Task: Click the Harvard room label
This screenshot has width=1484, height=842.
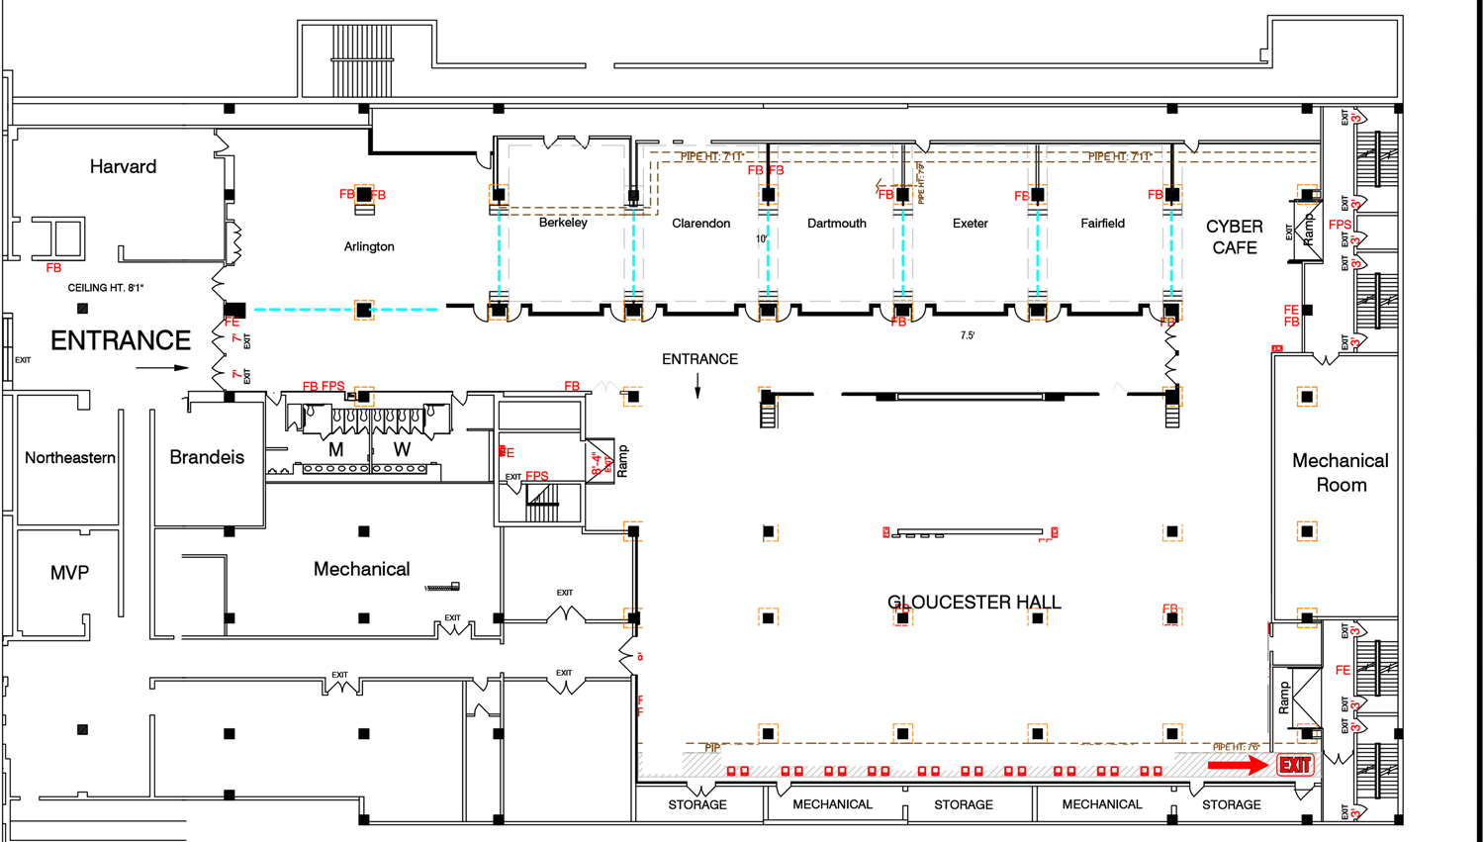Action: pyautogui.click(x=123, y=166)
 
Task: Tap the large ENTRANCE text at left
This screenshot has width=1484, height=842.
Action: pyautogui.click(x=121, y=340)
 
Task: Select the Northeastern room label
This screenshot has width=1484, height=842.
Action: pyautogui.click(x=70, y=457)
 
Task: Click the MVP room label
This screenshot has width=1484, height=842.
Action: pyautogui.click(x=69, y=573)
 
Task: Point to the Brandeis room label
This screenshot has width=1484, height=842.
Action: pyautogui.click(x=207, y=457)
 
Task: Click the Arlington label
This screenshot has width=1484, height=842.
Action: pyautogui.click(x=369, y=246)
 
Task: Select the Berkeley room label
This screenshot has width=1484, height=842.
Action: pyautogui.click(x=563, y=223)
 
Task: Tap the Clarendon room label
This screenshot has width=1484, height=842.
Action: pyautogui.click(x=700, y=223)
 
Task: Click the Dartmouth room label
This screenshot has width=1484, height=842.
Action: pyautogui.click(x=836, y=223)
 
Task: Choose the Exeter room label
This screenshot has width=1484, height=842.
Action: pyautogui.click(x=970, y=223)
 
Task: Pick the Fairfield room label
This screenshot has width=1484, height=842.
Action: pyautogui.click(x=1102, y=223)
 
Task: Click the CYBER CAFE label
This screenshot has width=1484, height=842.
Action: pyautogui.click(x=1235, y=236)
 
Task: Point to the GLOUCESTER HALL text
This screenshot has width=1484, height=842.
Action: pyautogui.click(x=974, y=602)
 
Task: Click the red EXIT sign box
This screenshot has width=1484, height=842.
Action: pyautogui.click(x=1294, y=765)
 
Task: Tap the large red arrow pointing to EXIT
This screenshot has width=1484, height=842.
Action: pyautogui.click(x=1237, y=765)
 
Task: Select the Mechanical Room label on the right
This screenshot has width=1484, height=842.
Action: pyautogui.click(x=1341, y=472)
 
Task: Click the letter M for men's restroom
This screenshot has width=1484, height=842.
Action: pyautogui.click(x=336, y=449)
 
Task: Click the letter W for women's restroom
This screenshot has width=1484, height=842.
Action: pyautogui.click(x=402, y=449)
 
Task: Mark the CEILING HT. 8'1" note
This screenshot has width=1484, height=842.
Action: pyautogui.click(x=106, y=288)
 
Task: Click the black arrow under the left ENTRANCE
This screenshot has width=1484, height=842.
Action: pyautogui.click(x=162, y=368)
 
